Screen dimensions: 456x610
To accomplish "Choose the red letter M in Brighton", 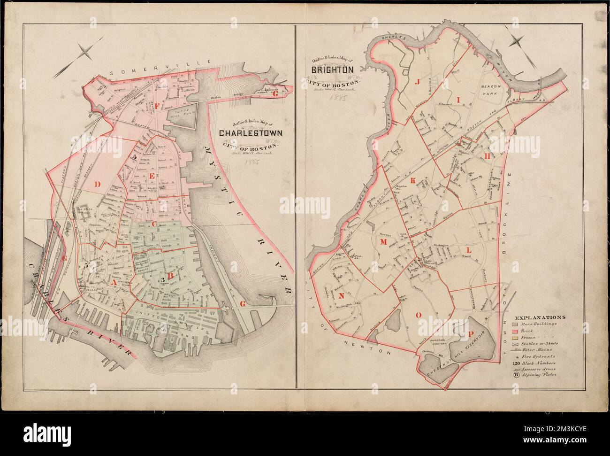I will (382, 241).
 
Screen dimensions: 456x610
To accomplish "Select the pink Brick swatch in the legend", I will (515, 332).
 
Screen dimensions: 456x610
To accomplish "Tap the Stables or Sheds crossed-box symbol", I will (515, 344).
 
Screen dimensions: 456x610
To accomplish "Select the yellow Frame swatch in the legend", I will (515, 338).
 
